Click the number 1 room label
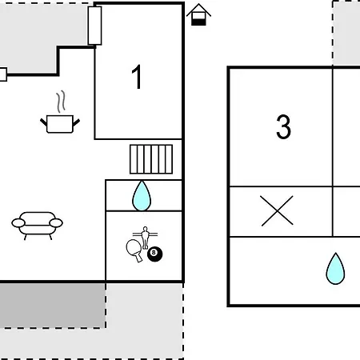pyautogui.click(x=137, y=77)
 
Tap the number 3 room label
pyautogui.click(x=283, y=126)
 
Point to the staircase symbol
pyautogui.click(x=151, y=159)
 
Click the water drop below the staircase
pyautogui.click(x=142, y=196)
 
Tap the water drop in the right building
pyautogui.click(x=335, y=269)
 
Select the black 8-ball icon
pyautogui.click(x=155, y=254)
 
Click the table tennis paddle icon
pyautogui.click(x=134, y=250)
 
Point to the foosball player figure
pyautogui.click(x=145, y=238)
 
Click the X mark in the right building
pyautogui.click(x=277, y=211)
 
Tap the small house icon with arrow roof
pyautogui.click(x=198, y=14)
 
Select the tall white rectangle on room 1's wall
pyautogui.click(x=94, y=26)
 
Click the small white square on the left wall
pyautogui.click(x=3, y=74)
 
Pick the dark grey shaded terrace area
pyautogui.click(x=52, y=306)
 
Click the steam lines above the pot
pyautogui.click(x=61, y=102)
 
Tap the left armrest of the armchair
pyautogui.click(x=18, y=223)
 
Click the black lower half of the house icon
pyautogui.click(x=198, y=22)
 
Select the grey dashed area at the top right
pyautogui.click(x=346, y=33)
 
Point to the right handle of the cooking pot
pyautogui.click(x=76, y=122)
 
